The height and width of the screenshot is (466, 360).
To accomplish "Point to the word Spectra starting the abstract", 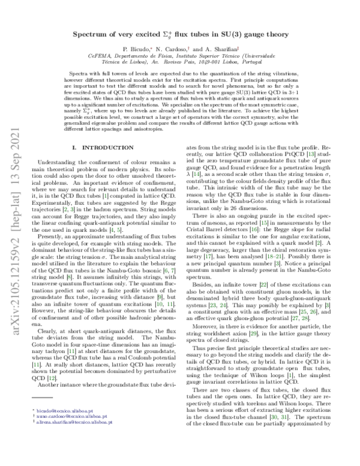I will pyautogui.click(x=79, y=88).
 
